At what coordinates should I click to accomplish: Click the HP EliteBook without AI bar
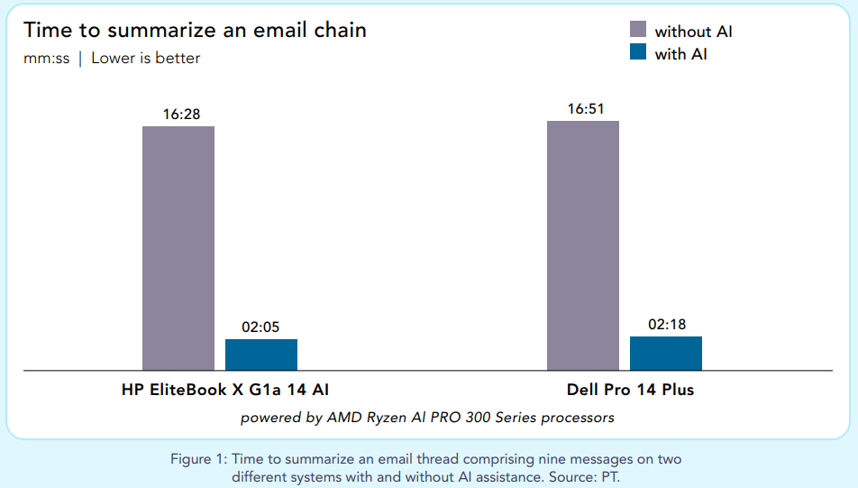tap(178, 248)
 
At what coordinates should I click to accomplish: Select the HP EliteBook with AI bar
tap(261, 354)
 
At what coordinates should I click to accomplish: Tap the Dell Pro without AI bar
tap(583, 245)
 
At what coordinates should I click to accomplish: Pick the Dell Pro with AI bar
tap(666, 354)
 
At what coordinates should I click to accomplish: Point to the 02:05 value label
tap(260, 327)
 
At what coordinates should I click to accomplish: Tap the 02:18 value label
tap(665, 325)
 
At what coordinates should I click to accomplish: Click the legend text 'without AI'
tap(693, 32)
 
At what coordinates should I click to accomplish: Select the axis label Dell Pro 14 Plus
tap(631, 391)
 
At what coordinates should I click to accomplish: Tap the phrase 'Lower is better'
tap(146, 59)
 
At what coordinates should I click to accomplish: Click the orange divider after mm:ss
tap(80, 59)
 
